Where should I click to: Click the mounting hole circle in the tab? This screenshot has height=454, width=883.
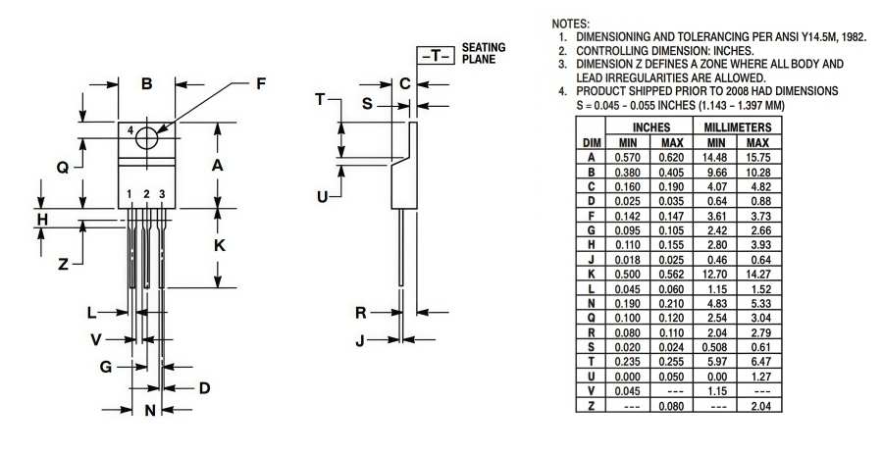tap(147, 138)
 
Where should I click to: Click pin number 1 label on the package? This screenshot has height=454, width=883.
tap(130, 194)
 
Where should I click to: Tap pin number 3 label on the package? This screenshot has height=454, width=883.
tap(162, 194)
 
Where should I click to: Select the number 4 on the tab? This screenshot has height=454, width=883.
tap(130, 130)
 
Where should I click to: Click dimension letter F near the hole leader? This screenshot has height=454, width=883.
tap(261, 84)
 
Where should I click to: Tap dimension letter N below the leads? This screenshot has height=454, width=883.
tap(150, 410)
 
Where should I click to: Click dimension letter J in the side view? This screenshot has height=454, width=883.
tap(360, 340)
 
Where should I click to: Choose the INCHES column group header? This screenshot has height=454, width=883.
tap(650, 127)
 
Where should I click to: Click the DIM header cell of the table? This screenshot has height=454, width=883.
tap(592, 142)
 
